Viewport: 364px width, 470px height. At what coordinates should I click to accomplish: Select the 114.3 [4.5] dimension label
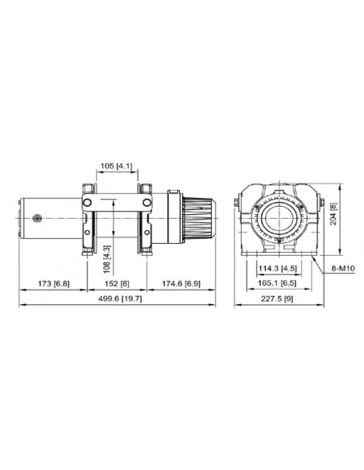[276, 268]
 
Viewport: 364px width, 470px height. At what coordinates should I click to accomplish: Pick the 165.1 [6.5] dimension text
[276, 284]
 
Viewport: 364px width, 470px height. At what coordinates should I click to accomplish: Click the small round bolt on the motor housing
[38, 216]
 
